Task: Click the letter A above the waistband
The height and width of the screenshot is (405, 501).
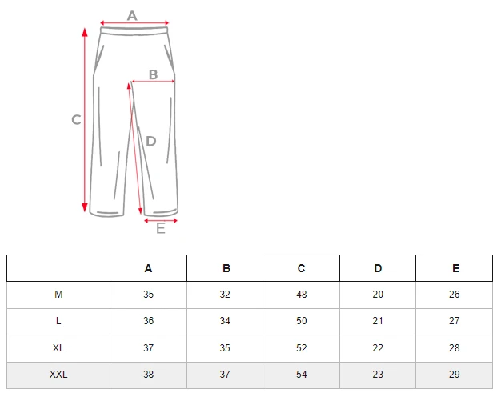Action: [132, 15]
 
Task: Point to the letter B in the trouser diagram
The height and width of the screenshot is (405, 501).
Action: [154, 74]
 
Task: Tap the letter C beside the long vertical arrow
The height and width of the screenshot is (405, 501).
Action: [76, 120]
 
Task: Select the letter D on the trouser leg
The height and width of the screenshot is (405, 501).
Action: [150, 141]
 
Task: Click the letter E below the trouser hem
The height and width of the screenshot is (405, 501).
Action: [161, 229]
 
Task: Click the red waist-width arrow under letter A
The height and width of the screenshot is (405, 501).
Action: [134, 22]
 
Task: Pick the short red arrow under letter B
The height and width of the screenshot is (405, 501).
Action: [154, 82]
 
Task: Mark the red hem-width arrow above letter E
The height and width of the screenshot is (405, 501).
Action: [161, 221]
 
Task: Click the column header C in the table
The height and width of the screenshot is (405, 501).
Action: [301, 268]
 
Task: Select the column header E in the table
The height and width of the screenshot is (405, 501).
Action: [455, 268]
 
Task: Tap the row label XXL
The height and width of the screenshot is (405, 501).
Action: [58, 375]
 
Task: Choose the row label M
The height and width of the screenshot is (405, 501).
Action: [58, 294]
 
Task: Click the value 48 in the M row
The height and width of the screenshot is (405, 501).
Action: [301, 294]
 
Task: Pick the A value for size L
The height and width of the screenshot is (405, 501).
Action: [149, 321]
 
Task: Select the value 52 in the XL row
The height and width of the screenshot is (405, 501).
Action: [301, 348]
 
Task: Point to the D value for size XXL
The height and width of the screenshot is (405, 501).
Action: [378, 375]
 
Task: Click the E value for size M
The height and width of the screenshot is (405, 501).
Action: [455, 294]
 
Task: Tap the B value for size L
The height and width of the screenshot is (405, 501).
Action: [225, 321]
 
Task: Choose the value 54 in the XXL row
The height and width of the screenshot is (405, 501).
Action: [301, 375]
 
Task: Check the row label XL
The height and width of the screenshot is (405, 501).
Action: [58, 348]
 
